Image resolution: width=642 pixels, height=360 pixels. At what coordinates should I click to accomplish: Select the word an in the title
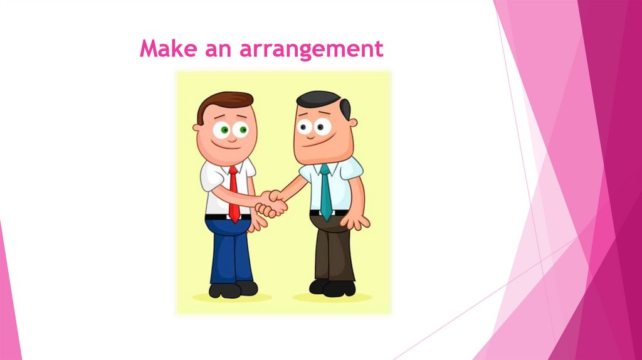[x=219, y=50]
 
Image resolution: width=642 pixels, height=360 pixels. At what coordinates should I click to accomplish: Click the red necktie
[x=233, y=194]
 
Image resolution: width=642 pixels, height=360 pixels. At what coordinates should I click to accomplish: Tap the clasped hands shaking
[x=272, y=204]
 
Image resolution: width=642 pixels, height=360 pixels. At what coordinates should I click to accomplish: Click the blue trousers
[x=230, y=251]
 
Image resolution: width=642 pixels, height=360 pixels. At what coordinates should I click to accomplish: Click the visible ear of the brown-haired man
[x=196, y=127]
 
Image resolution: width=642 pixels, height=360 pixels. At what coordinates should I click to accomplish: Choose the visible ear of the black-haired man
[x=353, y=123]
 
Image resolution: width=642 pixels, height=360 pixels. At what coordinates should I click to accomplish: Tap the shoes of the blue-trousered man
[x=233, y=289]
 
